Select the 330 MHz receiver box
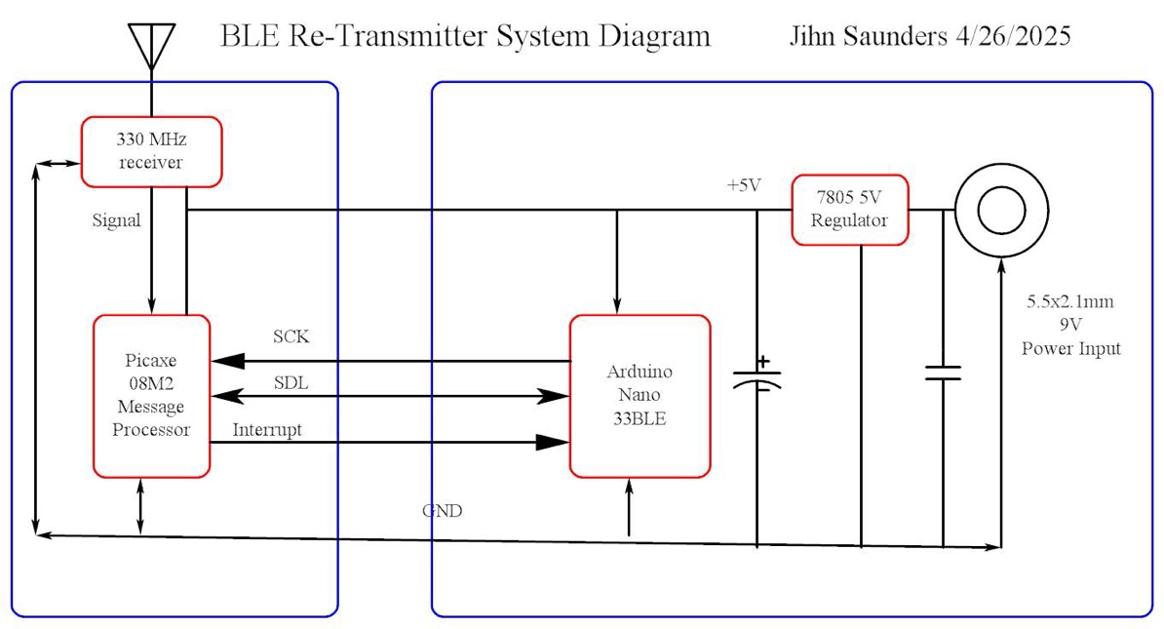pos(151,151)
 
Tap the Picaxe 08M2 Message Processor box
pos(151,396)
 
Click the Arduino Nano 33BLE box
pos(640,396)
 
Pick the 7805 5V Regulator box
pos(849,210)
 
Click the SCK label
pos(291,337)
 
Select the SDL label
pos(291,383)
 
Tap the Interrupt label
pos(267,429)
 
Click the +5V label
pos(743,185)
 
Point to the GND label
pos(442,511)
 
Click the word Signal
pos(116,220)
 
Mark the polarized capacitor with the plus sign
pos(757,376)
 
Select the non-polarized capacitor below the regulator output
pos(943,373)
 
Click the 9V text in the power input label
pos(1069,326)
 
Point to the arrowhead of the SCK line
pos(227,361)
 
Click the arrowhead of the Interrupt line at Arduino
pos(554,442)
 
